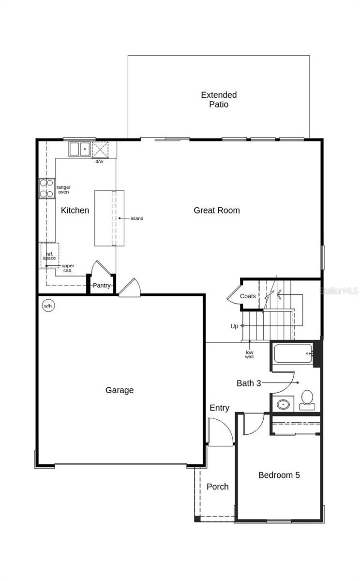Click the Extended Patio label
[x=219, y=100]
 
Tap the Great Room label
[x=217, y=210]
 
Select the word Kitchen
[x=75, y=210]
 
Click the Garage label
[x=120, y=390]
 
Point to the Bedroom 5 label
[x=279, y=475]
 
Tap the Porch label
[x=217, y=487]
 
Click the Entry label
[x=219, y=408]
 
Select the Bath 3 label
[x=249, y=383]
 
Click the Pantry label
[x=102, y=286]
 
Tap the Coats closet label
[x=248, y=296]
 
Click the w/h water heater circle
[x=48, y=306]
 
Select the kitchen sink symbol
[x=79, y=149]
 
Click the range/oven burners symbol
[x=47, y=189]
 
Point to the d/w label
[x=99, y=161]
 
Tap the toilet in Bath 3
[x=307, y=399]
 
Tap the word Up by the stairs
[x=234, y=326]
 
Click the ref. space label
[x=49, y=256]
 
